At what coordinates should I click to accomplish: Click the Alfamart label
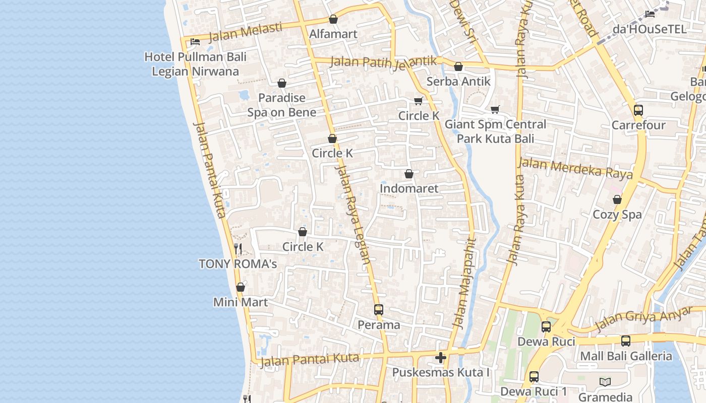[333, 34]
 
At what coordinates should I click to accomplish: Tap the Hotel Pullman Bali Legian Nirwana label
[195, 64]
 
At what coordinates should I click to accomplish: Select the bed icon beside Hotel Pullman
[195, 41]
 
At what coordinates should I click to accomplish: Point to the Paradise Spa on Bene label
[282, 105]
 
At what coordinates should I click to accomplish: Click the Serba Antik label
[458, 82]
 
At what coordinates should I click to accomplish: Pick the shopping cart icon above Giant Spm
[495, 109]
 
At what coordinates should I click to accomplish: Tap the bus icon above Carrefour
[638, 110]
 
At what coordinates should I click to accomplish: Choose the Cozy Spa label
[617, 215]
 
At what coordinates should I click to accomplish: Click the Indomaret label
[409, 189]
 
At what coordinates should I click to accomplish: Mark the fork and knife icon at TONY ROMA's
[238, 248]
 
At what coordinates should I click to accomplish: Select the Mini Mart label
[241, 302]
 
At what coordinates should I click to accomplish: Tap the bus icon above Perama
[379, 310]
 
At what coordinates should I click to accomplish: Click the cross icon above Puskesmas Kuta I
[441, 358]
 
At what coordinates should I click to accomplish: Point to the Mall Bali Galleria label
[626, 356]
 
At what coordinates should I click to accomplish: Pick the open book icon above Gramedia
[605, 382]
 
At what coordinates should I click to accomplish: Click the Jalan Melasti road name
[246, 32]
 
